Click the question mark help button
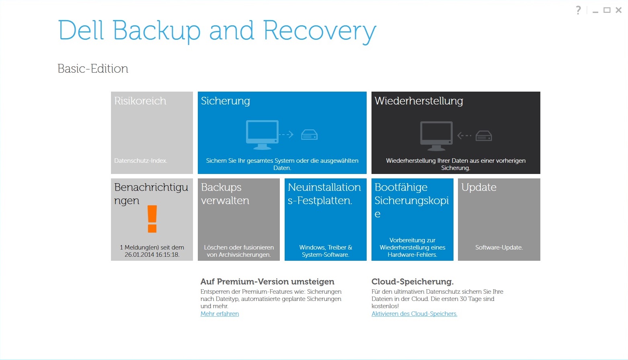coord(578,10)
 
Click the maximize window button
coord(607,10)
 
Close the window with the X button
coord(618,10)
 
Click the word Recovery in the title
coord(320,31)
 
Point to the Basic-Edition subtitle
coord(93,69)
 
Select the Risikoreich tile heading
coord(140,101)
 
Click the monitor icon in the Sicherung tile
coord(262,135)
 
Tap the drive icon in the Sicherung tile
coord(309,135)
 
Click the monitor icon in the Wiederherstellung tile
coord(436,136)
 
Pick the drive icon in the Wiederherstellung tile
coord(484,136)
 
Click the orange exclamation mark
coord(152,219)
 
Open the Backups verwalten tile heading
coord(225,194)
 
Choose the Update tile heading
coord(478,187)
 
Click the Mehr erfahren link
coord(220,314)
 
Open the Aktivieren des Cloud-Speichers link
coord(414,314)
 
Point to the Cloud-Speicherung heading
coord(413,282)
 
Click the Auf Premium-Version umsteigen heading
coord(267,282)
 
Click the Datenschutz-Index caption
coord(141,161)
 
